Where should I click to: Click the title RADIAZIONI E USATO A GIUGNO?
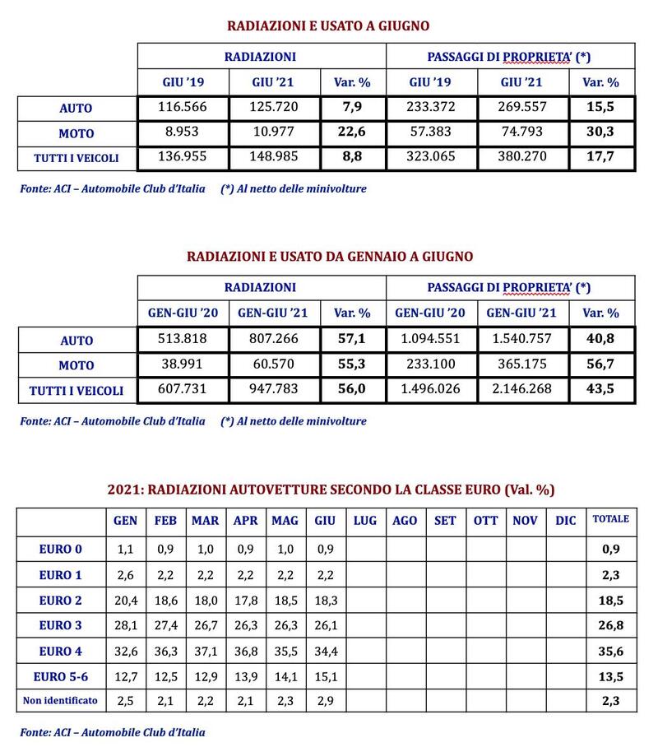[x=328, y=26]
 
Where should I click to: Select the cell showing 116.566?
[x=183, y=108]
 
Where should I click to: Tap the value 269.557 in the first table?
[x=523, y=108]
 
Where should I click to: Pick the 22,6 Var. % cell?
[x=354, y=132]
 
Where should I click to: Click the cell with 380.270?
[x=523, y=157]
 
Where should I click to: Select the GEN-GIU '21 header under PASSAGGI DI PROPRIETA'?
[x=523, y=313]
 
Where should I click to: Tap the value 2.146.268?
[x=523, y=389]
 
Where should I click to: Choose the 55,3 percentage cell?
[x=354, y=364]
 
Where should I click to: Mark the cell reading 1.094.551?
[x=431, y=339]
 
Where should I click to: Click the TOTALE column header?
[x=611, y=519]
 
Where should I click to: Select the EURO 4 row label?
[x=63, y=651]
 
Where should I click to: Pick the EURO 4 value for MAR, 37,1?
[x=205, y=651]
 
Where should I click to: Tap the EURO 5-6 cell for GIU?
[x=325, y=675]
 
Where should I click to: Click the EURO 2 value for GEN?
[x=125, y=600]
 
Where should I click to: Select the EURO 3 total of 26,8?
[x=611, y=625]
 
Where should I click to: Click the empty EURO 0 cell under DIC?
[x=566, y=549]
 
